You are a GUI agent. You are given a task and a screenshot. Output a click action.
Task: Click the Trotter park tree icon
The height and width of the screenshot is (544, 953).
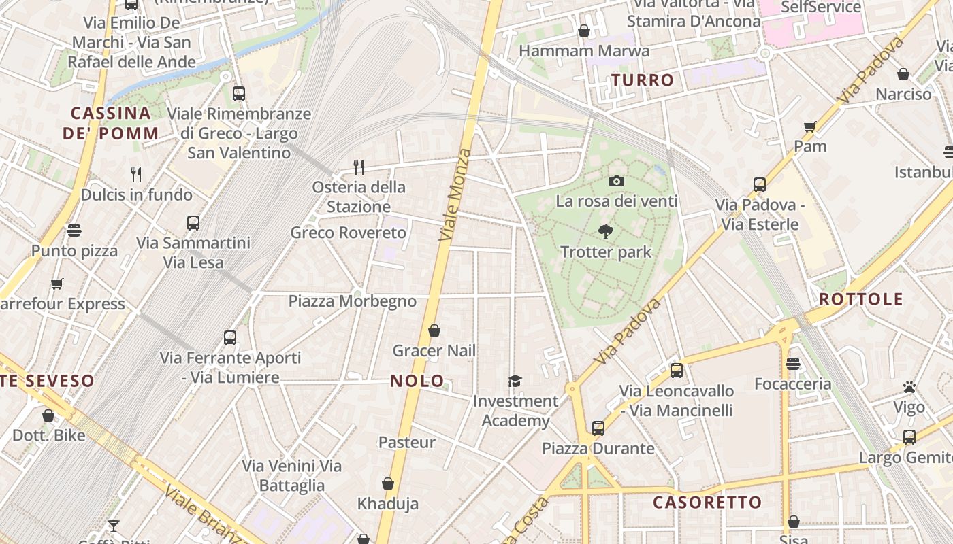coord(605,232)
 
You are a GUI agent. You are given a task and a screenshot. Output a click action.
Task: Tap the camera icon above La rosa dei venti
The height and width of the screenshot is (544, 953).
coord(617,181)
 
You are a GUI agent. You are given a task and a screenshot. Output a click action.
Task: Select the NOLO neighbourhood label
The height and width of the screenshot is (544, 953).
coord(417,381)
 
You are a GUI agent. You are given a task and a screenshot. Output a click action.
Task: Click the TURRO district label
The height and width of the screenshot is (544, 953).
coord(643,80)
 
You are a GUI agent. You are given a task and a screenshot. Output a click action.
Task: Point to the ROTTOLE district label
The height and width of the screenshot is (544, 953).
coord(860,299)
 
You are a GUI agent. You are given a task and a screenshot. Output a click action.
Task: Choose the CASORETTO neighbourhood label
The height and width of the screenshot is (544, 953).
coord(707,503)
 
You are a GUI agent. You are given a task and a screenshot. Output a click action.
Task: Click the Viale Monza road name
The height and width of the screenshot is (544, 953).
coord(455,194)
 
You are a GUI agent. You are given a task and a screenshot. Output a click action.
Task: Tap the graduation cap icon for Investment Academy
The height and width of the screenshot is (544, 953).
coord(515,381)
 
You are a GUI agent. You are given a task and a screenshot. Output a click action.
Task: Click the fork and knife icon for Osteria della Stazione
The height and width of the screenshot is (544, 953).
coord(359,167)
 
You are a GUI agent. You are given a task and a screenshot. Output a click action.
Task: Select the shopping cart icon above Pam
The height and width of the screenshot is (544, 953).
coord(810,126)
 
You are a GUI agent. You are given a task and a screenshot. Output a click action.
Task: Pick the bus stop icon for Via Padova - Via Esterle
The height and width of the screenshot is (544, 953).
coord(760,184)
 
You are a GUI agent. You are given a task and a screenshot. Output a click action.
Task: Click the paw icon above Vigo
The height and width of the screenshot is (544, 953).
coord(909,387)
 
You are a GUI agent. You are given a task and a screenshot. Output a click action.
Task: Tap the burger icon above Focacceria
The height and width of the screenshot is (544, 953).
coord(792,364)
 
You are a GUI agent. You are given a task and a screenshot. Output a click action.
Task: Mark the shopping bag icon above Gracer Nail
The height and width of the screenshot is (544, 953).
coord(434,331)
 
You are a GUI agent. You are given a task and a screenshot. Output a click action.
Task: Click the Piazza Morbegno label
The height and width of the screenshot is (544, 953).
coord(352,301)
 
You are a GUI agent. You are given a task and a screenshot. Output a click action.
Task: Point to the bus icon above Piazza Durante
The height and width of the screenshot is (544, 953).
coord(598,428)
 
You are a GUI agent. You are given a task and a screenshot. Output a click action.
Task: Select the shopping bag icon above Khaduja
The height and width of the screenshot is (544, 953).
coord(388,483)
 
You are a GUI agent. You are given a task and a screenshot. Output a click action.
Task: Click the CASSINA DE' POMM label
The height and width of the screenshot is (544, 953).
coord(111,123)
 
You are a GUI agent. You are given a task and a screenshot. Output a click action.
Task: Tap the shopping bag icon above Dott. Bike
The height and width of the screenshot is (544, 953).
coord(48,415)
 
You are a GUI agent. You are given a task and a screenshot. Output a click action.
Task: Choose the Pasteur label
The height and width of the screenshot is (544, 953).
coord(406,442)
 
